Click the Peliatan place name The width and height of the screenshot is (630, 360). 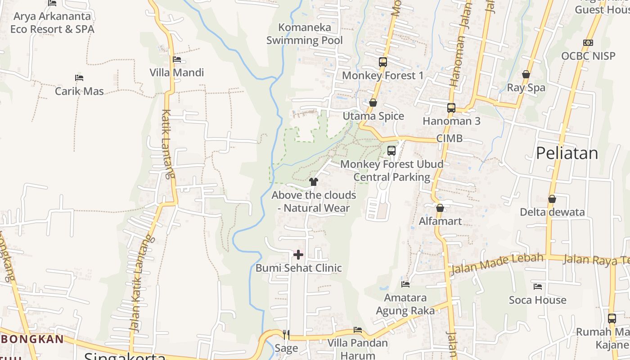567,153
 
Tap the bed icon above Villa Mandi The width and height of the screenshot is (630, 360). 177,59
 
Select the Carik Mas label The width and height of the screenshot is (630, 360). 79,91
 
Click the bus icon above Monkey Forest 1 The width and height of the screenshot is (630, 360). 383,62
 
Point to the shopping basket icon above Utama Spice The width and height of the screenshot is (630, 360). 373,103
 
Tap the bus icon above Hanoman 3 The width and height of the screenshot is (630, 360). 451,108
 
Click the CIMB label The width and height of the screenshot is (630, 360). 449,139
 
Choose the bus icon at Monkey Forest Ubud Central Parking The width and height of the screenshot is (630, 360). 391,151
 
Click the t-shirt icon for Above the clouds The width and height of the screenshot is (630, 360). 314,182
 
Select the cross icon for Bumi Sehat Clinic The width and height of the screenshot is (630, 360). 298,255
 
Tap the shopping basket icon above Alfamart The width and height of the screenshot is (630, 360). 440,208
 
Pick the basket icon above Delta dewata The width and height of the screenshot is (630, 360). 552,199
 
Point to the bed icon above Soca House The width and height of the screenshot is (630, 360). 538,287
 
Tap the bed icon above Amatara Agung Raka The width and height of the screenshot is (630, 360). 405,284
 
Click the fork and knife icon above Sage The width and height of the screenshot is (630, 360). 286,335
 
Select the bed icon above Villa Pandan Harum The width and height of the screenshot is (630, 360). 358,330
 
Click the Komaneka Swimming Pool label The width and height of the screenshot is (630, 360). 304,34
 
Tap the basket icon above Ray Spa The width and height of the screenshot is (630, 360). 526,74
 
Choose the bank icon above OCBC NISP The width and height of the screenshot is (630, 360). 588,43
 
